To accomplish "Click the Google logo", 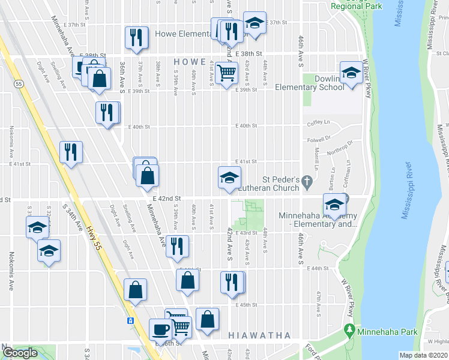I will coord(21,353).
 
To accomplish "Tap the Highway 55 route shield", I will coord(20,85).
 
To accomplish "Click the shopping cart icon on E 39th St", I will coord(227,74).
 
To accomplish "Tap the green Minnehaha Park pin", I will coord(349,331).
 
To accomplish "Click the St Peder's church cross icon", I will coord(308,180).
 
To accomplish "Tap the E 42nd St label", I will coord(167,199).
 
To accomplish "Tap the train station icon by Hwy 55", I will coord(130,320).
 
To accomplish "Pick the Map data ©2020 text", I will coord(423,355).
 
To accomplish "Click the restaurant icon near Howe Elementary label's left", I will coord(136,37).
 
